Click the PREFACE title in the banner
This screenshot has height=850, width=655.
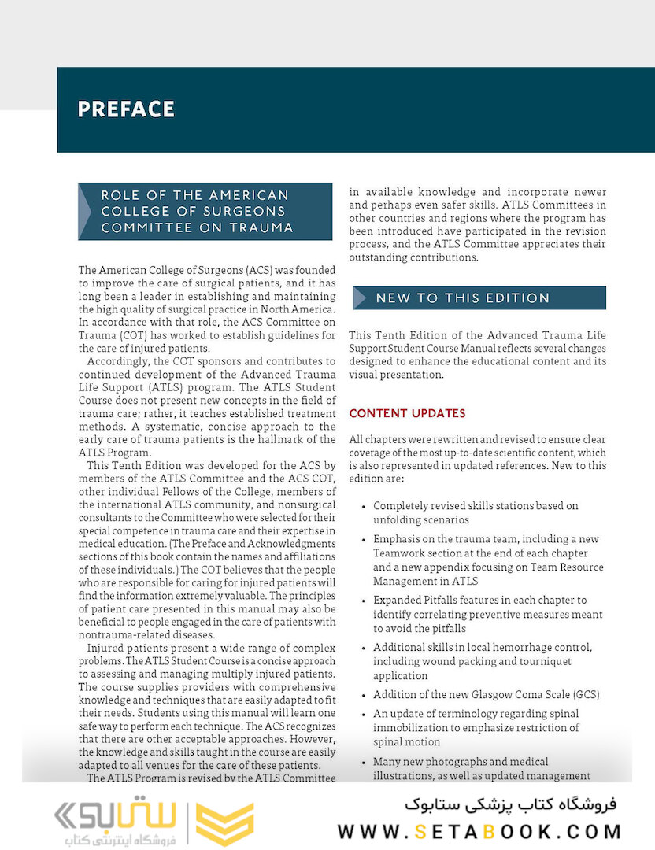(126, 109)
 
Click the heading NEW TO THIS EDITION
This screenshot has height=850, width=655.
(462, 298)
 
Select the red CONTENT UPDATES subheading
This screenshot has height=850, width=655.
(407, 413)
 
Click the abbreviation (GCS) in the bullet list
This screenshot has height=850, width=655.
(584, 694)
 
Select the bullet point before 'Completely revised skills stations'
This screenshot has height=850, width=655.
(361, 507)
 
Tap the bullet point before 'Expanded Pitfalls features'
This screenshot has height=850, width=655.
(361, 601)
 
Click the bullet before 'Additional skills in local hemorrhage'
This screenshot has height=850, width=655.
(361, 648)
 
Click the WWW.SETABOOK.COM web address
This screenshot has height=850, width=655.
(479, 831)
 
